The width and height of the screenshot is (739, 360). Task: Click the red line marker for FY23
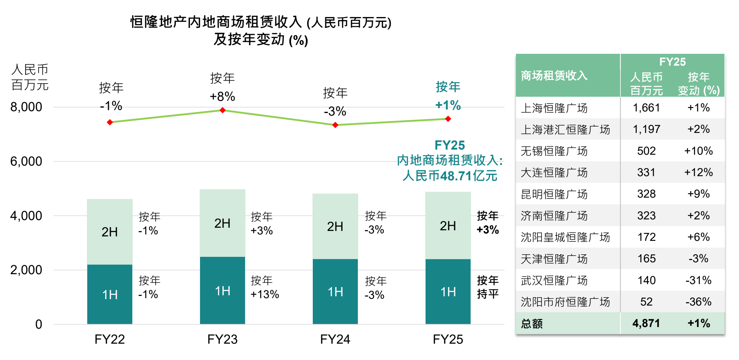pyautogui.click(x=222, y=110)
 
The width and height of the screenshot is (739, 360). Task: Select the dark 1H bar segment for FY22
pyautogui.click(x=110, y=294)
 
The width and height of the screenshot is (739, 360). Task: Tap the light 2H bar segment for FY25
pyautogui.click(x=448, y=225)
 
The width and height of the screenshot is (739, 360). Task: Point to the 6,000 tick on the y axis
pyautogui.click(x=26, y=161)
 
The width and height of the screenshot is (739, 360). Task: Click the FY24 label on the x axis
pyautogui.click(x=335, y=339)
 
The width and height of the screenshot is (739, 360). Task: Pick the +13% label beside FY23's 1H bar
pyautogui.click(x=265, y=294)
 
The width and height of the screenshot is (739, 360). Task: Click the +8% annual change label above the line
pyautogui.click(x=222, y=96)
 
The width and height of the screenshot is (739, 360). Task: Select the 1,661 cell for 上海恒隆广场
pyautogui.click(x=646, y=108)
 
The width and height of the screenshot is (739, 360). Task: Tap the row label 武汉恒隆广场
pyautogui.click(x=554, y=280)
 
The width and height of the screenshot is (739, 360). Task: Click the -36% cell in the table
pyautogui.click(x=698, y=302)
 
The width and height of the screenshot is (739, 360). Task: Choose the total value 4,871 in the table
pyautogui.click(x=646, y=323)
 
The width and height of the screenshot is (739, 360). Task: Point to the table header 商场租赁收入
pyautogui.click(x=554, y=76)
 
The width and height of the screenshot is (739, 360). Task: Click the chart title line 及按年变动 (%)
pyautogui.click(x=261, y=40)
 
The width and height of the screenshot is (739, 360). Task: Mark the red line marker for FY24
pyautogui.click(x=335, y=125)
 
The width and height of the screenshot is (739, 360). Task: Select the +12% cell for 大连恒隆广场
pyautogui.click(x=698, y=172)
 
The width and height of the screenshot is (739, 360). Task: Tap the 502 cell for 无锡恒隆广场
pyautogui.click(x=646, y=151)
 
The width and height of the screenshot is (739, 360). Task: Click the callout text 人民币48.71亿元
pyautogui.click(x=450, y=176)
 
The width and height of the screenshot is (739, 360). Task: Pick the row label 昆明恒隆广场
pyautogui.click(x=554, y=194)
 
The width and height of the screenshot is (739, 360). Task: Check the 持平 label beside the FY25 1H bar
pyautogui.click(x=487, y=294)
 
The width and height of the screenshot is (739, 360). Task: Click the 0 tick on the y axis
pyautogui.click(x=38, y=324)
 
